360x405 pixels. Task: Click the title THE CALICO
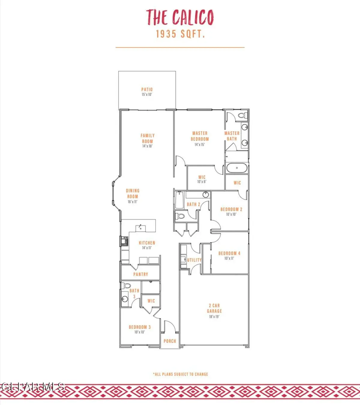click(180, 17)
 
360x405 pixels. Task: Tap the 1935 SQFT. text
click(180, 34)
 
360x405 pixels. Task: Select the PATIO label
click(147, 89)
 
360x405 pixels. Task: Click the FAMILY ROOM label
click(148, 138)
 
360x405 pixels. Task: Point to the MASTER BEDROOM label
click(200, 136)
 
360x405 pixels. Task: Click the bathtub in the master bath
click(237, 168)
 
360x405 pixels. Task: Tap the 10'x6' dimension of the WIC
click(202, 182)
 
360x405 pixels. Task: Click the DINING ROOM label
click(133, 193)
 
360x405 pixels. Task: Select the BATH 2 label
click(193, 204)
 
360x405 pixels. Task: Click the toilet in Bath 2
click(181, 216)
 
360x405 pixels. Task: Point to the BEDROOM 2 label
click(231, 209)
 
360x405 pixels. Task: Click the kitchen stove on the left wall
click(124, 241)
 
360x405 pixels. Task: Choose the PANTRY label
click(141, 274)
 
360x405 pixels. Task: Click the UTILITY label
click(194, 260)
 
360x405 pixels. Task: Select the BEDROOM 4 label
click(229, 253)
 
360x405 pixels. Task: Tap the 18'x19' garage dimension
click(214, 316)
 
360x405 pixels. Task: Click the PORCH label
click(170, 341)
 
